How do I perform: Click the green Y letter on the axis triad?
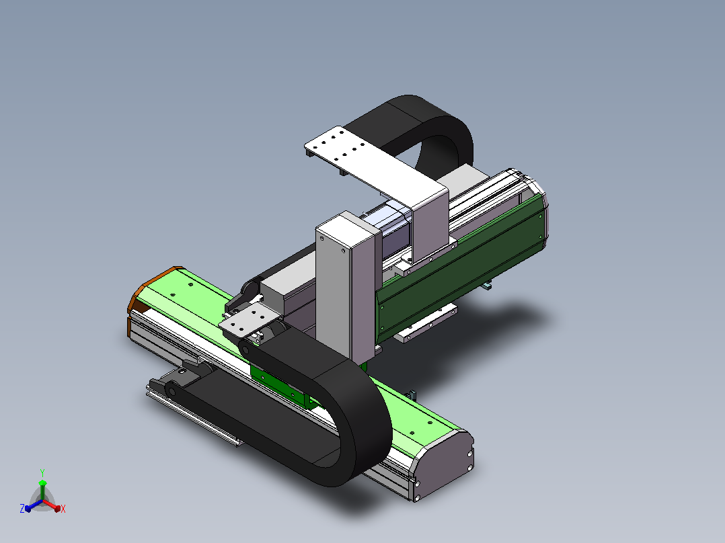[42, 472]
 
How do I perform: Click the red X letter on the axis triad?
[63, 509]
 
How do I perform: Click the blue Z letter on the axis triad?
[22, 508]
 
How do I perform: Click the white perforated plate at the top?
[365, 162]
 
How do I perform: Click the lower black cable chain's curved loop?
[356, 416]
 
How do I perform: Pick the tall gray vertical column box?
[347, 286]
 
